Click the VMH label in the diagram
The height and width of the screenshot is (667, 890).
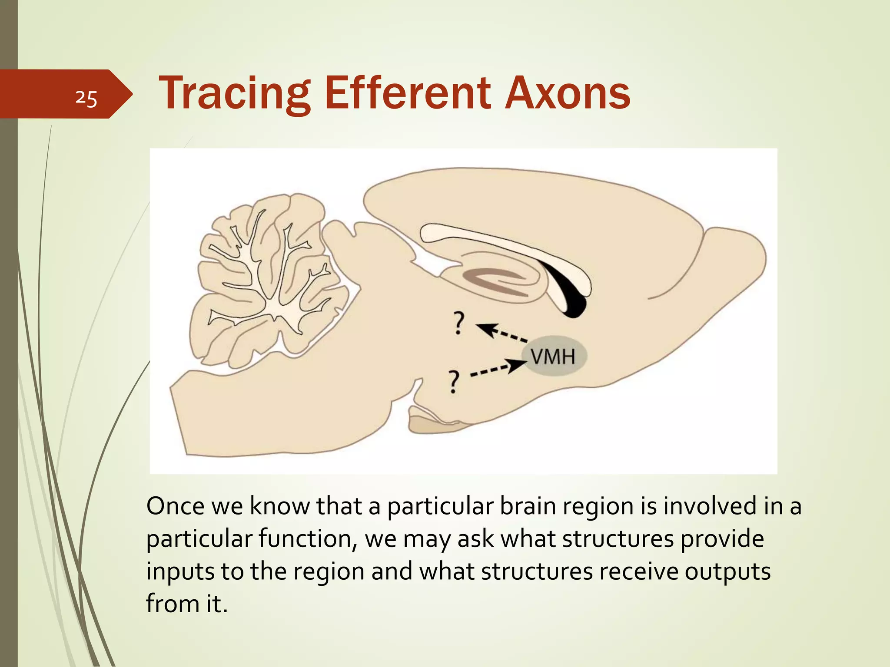point(553,357)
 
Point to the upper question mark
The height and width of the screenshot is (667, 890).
point(458,323)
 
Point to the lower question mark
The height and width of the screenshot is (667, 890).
point(453,381)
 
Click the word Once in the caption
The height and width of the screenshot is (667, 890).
point(175,506)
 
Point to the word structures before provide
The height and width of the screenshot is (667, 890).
point(617,539)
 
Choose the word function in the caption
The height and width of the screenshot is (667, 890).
point(307,539)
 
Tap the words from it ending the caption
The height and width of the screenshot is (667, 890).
point(187,604)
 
